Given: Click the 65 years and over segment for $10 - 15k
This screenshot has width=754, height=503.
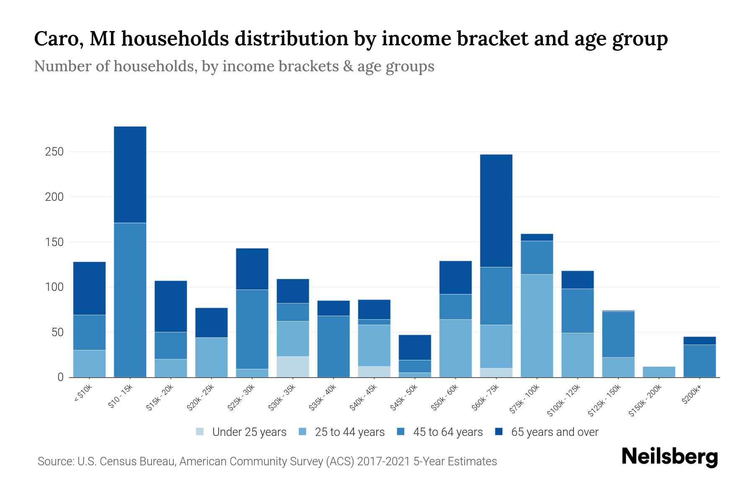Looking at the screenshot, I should click(x=130, y=174).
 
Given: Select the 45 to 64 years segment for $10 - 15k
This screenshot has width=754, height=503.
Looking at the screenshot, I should click(x=130, y=300).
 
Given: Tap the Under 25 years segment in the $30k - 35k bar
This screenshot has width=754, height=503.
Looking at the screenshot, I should click(x=293, y=367).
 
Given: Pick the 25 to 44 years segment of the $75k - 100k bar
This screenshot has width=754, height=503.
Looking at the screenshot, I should click(x=537, y=326).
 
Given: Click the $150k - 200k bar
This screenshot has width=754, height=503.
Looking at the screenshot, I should click(x=658, y=372).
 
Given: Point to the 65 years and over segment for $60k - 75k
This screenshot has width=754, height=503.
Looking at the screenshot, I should click(x=496, y=211).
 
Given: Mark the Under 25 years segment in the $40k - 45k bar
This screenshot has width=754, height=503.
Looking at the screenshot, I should click(x=374, y=372).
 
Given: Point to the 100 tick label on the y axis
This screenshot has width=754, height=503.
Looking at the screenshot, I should click(x=54, y=287).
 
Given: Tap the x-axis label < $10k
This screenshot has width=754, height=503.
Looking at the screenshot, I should click(x=83, y=394).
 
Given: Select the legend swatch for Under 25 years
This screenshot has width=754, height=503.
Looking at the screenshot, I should click(x=200, y=431).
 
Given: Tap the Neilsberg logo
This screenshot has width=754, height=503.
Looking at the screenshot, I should click(x=669, y=457).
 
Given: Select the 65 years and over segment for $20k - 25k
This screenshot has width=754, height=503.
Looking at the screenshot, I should click(x=212, y=322).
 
